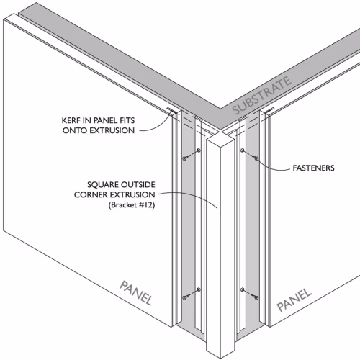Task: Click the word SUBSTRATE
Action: click(262, 96)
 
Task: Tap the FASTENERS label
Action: click(313, 168)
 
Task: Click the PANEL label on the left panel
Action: click(136, 293)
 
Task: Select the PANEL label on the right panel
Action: click(294, 300)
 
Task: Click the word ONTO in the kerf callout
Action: click(74, 130)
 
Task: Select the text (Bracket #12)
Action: click(132, 205)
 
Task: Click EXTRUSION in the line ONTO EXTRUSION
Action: click(112, 130)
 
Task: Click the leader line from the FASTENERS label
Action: click(271, 166)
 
